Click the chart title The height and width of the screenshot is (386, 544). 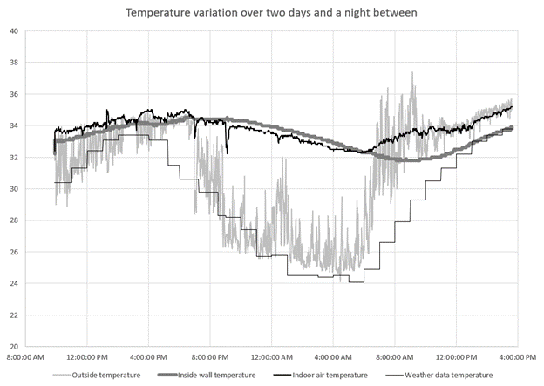[x=272, y=13]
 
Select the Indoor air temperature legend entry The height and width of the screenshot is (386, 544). [x=328, y=376]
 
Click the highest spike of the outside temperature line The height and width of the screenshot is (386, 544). [x=412, y=73]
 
